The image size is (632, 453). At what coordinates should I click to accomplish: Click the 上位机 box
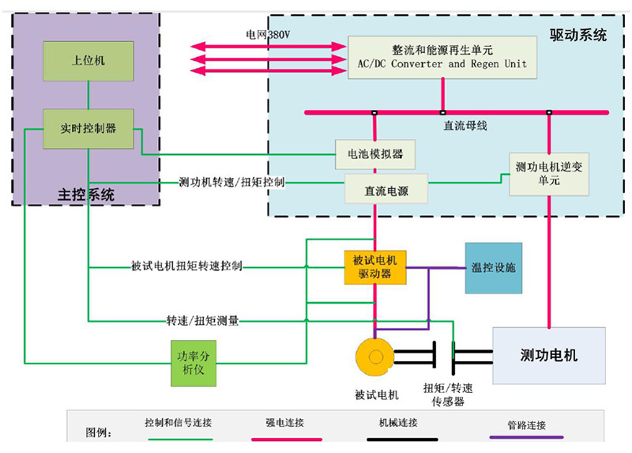click(88, 60)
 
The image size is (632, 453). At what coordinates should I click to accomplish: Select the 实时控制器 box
click(88, 127)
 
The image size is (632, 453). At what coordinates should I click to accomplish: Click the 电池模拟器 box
click(374, 153)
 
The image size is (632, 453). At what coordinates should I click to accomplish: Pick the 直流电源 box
click(386, 191)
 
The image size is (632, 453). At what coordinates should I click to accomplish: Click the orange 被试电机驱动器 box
click(375, 266)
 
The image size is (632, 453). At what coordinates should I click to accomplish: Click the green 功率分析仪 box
click(194, 363)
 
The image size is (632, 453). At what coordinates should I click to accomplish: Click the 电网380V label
click(269, 36)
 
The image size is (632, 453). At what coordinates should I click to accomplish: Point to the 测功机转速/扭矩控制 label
click(231, 183)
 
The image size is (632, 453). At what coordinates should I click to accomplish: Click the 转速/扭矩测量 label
click(202, 321)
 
